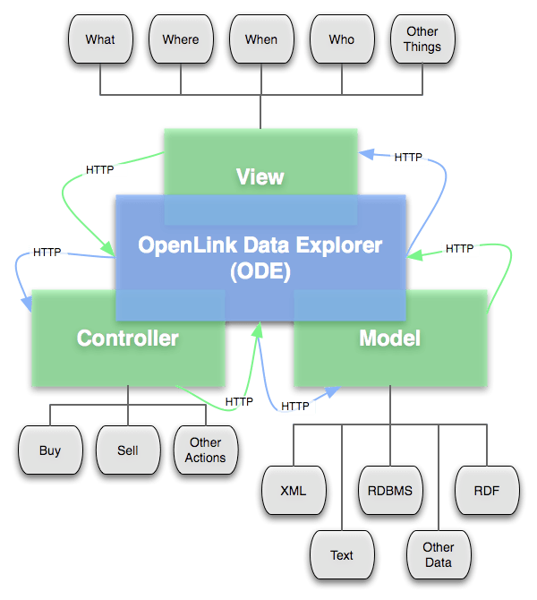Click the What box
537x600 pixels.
[100, 40]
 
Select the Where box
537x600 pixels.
[181, 40]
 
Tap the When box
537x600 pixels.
[260, 40]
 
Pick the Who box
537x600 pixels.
[341, 40]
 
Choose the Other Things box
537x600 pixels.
[422, 40]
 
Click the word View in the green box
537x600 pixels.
[260, 176]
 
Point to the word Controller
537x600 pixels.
[127, 338]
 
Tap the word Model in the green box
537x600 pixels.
[389, 338]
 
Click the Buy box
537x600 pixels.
[50, 450]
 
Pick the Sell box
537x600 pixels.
[127, 450]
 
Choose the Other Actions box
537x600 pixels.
[205, 450]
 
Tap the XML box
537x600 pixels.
[293, 491]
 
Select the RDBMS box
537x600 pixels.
[390, 491]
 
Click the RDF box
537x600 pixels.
[487, 491]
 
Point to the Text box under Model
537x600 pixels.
[342, 555]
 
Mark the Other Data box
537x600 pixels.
[439, 555]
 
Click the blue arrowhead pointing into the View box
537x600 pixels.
[364, 154]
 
